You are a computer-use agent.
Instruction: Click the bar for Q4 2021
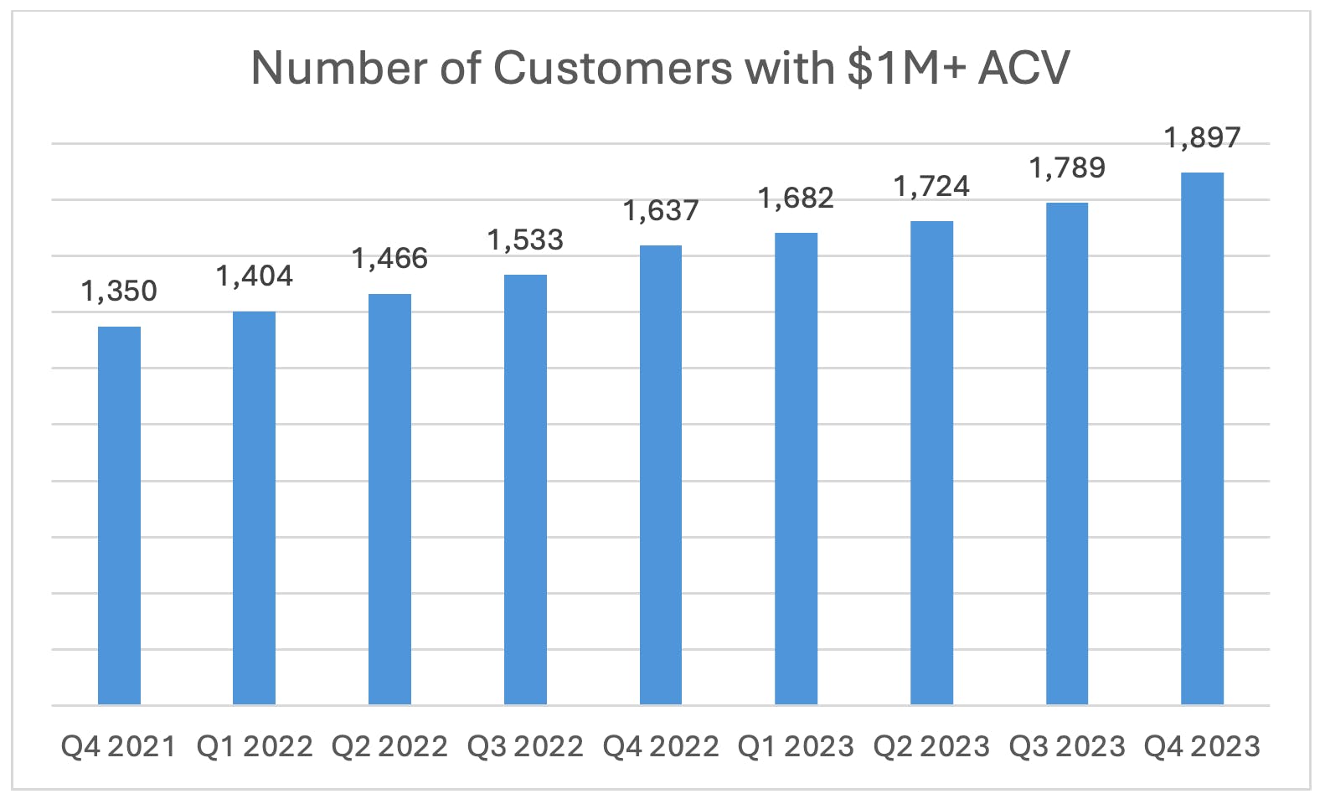pos(119,515)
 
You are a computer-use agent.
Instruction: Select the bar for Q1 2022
pos(254,508)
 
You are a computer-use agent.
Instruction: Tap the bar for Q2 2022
pos(389,499)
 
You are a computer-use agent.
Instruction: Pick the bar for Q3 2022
pos(525,490)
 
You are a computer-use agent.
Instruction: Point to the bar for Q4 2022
pos(661,475)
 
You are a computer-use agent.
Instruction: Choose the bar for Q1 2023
pos(797,468)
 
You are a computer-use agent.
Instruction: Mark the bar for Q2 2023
pos(931,462)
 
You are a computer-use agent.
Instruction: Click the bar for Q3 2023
pos(1067,454)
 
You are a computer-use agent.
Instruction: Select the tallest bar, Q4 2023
pos(1203,438)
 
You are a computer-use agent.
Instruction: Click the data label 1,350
pos(119,291)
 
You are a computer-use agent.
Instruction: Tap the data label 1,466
pos(389,259)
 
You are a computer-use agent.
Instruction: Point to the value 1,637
pos(661,210)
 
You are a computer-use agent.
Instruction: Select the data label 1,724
pos(931,186)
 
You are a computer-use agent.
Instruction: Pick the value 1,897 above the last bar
pos(1203,138)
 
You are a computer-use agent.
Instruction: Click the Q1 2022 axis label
pos(255,746)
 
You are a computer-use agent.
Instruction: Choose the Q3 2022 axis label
pos(525,746)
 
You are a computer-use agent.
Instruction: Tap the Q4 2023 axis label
pos(1203,746)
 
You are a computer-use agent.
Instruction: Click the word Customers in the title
pos(613,68)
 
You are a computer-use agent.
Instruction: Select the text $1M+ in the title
pos(907,68)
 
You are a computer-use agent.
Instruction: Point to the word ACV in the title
pos(1024,68)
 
